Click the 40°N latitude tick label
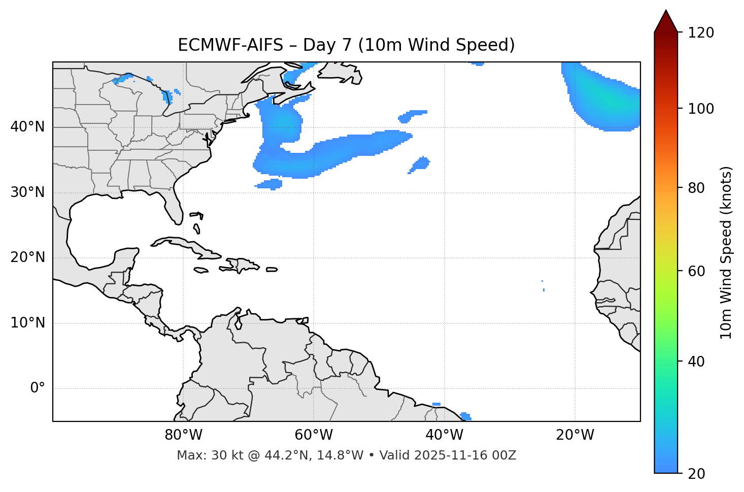coord(27,127)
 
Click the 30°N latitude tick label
coord(27,192)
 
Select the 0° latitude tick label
coord(38,388)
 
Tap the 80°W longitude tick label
coord(183,435)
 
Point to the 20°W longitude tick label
coord(575,435)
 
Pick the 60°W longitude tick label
coord(314,435)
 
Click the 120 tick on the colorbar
coord(701,33)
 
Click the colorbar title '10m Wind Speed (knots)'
coord(726,252)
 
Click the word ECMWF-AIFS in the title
coord(230,45)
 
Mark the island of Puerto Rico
coord(272,270)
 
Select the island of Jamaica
coord(201,271)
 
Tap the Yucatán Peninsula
coord(125,258)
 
